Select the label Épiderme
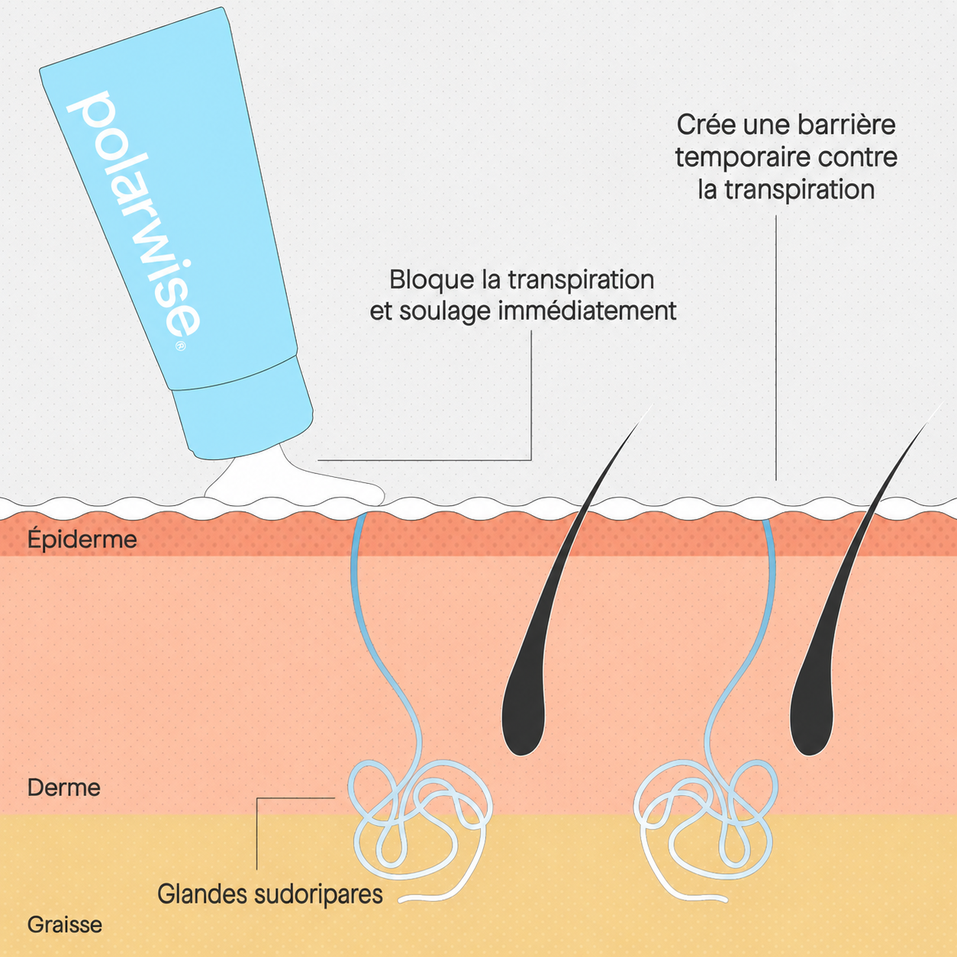tap(82, 540)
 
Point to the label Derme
tap(64, 788)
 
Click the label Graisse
tap(65, 924)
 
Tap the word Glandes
tap(202, 894)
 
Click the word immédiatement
tap(587, 311)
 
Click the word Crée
tap(706, 124)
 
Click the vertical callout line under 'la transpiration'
tap(776, 348)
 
